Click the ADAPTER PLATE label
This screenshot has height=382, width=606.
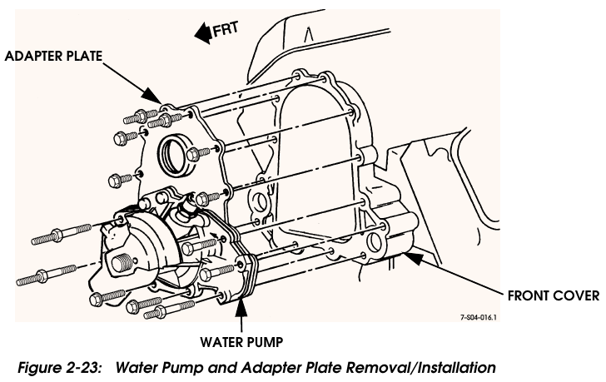[54, 56]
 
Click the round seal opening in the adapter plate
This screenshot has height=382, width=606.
[176, 152]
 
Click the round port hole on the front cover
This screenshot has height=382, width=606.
[373, 245]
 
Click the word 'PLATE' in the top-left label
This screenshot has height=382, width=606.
[84, 56]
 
